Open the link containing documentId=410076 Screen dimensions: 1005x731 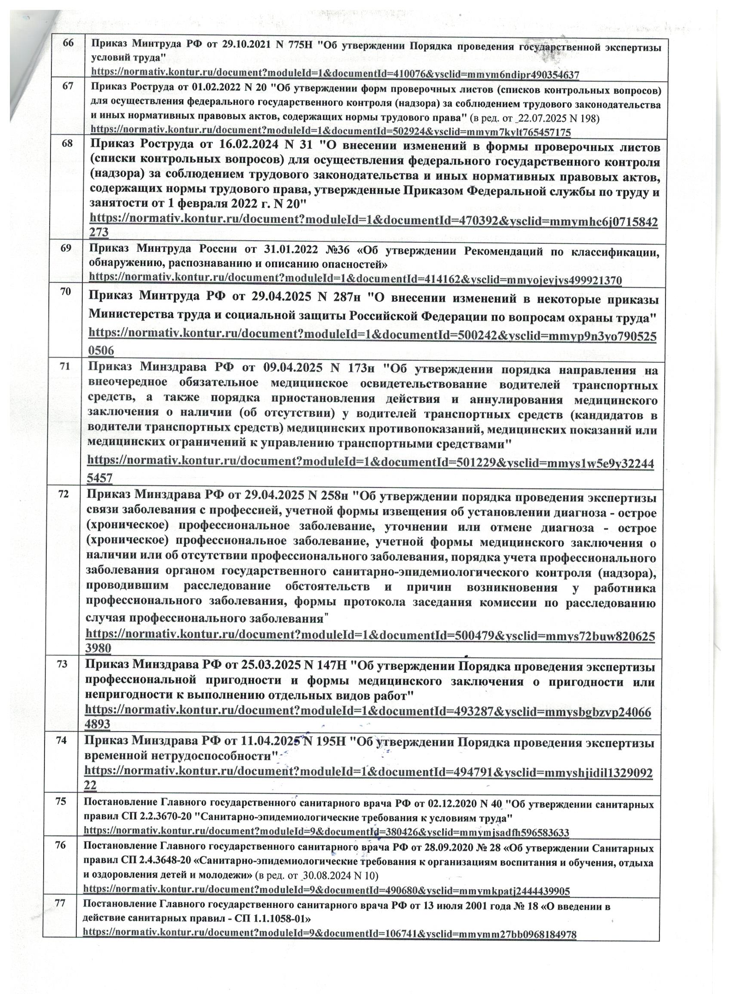(335, 73)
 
